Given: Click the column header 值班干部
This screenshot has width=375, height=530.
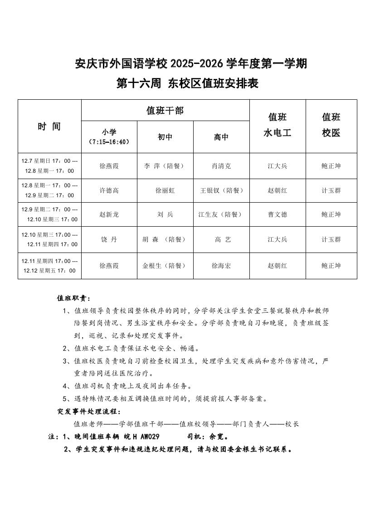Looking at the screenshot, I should click(165, 110).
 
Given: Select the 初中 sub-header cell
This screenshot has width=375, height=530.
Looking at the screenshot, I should click(165, 137).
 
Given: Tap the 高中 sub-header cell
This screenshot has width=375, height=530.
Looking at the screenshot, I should click(221, 137).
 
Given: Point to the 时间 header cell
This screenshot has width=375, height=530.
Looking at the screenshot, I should click(49, 126).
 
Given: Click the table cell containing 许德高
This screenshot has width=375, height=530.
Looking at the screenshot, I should click(109, 190).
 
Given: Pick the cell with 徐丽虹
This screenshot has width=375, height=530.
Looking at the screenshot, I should click(165, 190).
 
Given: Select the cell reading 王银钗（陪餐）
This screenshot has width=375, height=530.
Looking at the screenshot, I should click(222, 190).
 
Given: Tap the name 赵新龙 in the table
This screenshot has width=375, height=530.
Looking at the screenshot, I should click(109, 214).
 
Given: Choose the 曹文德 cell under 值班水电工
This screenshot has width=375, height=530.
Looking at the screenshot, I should click(278, 214).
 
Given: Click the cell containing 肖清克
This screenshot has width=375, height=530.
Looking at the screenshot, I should click(221, 166).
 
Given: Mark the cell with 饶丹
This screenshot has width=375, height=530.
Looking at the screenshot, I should click(109, 239).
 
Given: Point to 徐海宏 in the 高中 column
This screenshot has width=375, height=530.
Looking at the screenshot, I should click(221, 266).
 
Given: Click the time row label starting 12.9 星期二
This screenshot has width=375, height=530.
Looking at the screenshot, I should click(49, 214).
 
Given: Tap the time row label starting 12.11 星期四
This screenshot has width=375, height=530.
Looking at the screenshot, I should click(49, 266).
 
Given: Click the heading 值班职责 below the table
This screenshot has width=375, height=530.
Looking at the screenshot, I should click(73, 298).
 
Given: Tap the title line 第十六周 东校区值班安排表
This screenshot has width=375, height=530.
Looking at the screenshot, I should click(187, 84).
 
